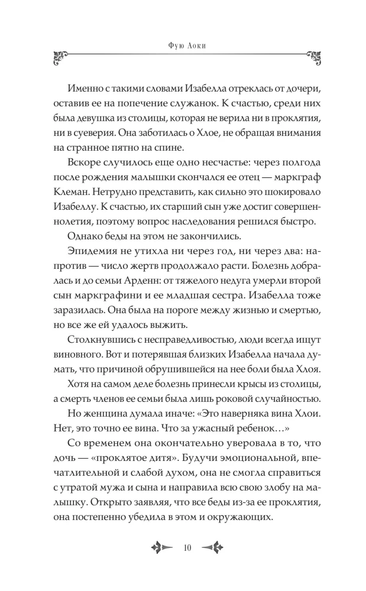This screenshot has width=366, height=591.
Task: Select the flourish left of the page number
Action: (160, 548)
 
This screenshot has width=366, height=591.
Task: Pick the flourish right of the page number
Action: (207, 548)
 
